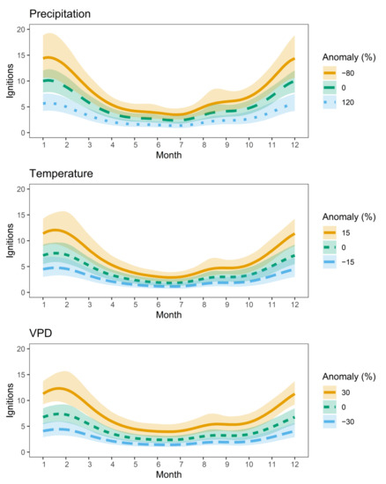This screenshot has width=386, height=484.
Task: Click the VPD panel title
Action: [41, 334]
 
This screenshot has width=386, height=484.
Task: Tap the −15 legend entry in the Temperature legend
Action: [353, 261]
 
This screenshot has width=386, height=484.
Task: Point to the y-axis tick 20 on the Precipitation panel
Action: [20, 29]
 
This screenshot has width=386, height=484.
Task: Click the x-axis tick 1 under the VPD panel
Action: [43, 464]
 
